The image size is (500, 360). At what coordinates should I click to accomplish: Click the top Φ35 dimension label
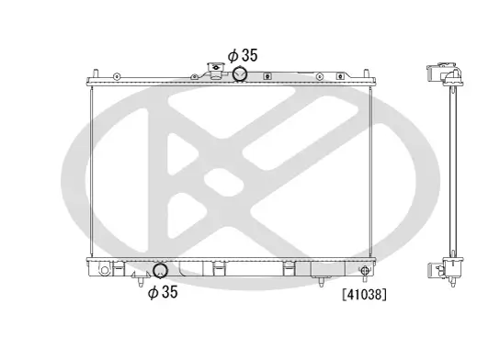point(243,55)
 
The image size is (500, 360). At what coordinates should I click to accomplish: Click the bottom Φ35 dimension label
point(163,292)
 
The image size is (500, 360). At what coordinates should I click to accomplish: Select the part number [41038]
point(364,295)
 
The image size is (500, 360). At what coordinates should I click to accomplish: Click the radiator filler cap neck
point(216,71)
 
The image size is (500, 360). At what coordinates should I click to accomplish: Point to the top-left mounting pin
point(95,73)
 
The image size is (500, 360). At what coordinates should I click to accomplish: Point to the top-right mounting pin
point(367,73)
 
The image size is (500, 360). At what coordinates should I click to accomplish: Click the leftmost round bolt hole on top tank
point(117,76)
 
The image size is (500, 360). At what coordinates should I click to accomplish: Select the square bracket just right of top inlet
point(267,76)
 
